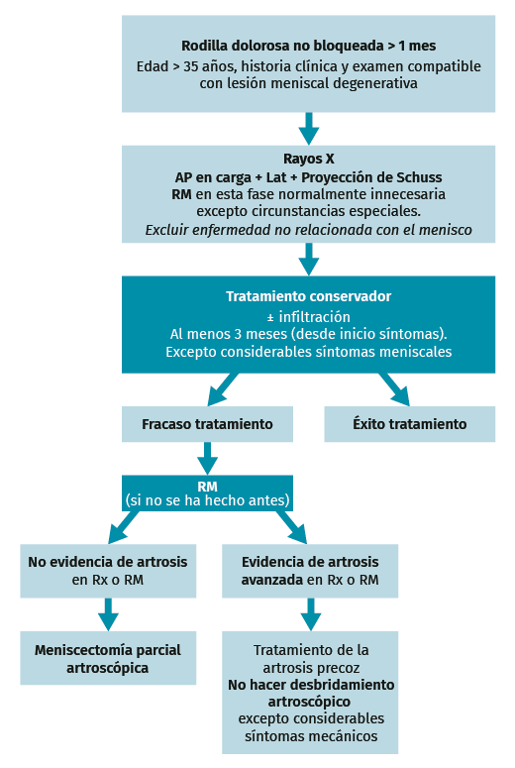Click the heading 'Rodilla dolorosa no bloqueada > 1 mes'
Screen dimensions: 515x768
308,46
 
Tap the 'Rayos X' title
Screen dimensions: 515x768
309,159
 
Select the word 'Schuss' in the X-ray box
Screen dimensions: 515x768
419,176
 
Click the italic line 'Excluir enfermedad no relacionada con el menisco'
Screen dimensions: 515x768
308,229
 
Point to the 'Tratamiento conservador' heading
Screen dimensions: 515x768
308,296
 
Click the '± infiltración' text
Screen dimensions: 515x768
308,316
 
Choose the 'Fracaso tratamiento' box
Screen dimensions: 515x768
208,424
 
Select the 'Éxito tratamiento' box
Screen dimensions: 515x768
410,424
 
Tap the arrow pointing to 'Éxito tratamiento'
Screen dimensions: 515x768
394,389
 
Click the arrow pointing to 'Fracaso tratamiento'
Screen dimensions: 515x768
223,389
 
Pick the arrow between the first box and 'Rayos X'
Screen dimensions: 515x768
309,129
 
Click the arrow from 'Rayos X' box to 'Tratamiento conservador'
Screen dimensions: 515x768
309,259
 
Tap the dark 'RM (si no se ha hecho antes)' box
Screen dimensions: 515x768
208,494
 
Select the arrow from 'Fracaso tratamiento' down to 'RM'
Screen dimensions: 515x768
208,459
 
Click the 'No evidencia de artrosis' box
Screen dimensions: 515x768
108,571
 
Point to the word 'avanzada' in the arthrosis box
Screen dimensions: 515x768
272,580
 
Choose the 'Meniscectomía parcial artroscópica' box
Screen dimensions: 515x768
108,658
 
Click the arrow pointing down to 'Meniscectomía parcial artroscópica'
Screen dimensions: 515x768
108,614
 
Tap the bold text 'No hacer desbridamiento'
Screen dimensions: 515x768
311,684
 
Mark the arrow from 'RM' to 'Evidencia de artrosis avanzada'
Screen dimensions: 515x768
292,527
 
